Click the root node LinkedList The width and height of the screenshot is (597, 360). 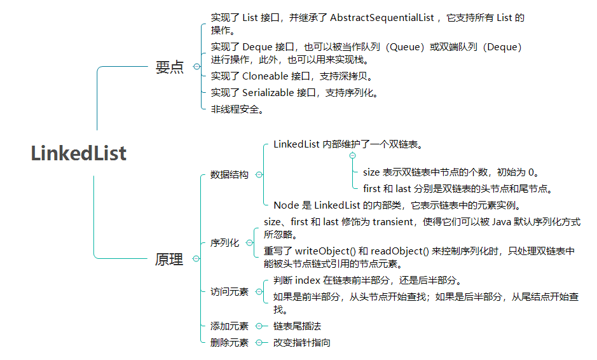(x=79, y=153)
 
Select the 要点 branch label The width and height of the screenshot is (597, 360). (x=169, y=67)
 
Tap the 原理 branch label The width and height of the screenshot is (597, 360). (x=169, y=259)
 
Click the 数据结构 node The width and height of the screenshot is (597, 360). (x=230, y=175)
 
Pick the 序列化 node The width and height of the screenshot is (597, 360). (x=224, y=243)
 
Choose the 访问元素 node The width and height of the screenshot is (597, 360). (x=230, y=292)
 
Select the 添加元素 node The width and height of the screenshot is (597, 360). (x=230, y=326)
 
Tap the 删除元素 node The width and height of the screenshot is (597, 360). (x=230, y=343)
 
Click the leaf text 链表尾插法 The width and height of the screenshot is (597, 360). (x=298, y=326)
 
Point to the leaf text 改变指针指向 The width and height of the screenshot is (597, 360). (x=302, y=343)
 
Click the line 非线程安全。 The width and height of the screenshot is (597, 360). (x=237, y=109)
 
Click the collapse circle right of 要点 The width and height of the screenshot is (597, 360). (x=196, y=66)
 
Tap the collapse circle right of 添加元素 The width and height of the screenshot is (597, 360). (x=259, y=326)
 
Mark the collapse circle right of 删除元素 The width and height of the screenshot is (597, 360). (x=259, y=343)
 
